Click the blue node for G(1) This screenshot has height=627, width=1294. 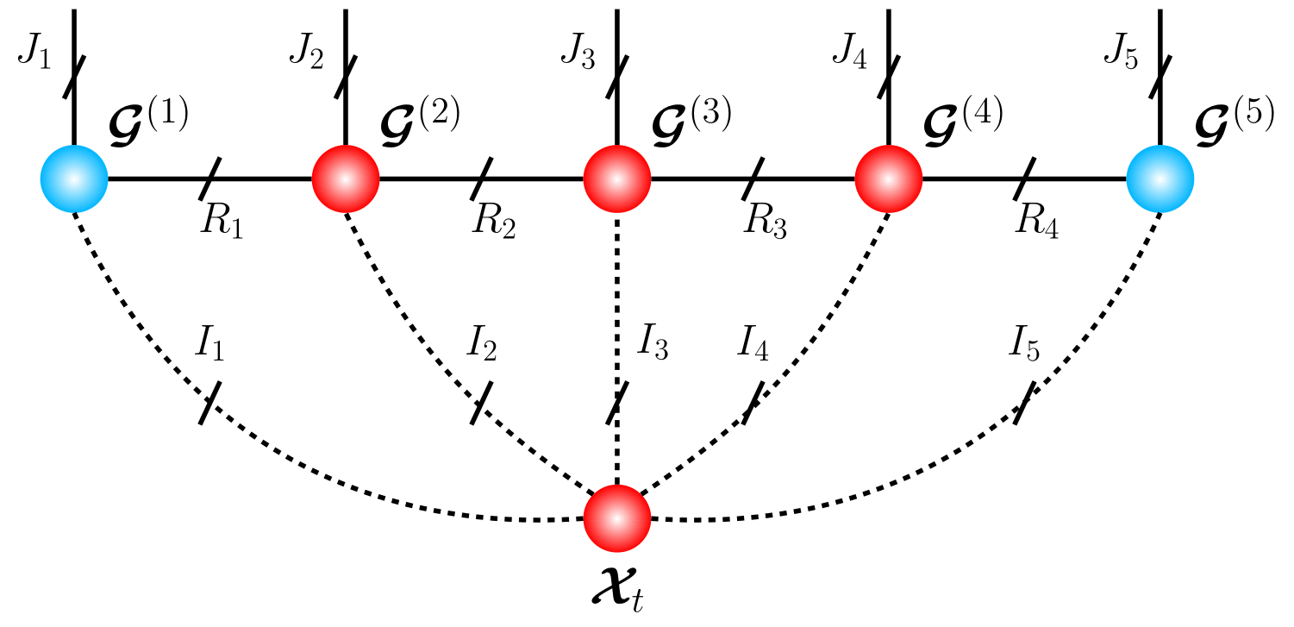click(x=74, y=179)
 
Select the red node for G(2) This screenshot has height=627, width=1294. click(x=346, y=179)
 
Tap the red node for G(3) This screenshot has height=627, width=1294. click(x=617, y=179)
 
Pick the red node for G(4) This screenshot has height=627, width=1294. click(x=889, y=179)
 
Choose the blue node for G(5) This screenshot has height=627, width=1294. click(x=1160, y=179)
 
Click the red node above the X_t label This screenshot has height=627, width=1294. click(x=617, y=518)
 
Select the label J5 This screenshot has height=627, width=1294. click(x=1119, y=56)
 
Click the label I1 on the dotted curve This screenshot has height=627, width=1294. click(x=210, y=347)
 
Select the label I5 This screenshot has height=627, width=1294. click(x=1024, y=347)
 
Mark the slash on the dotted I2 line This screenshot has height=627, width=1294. click(x=482, y=402)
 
